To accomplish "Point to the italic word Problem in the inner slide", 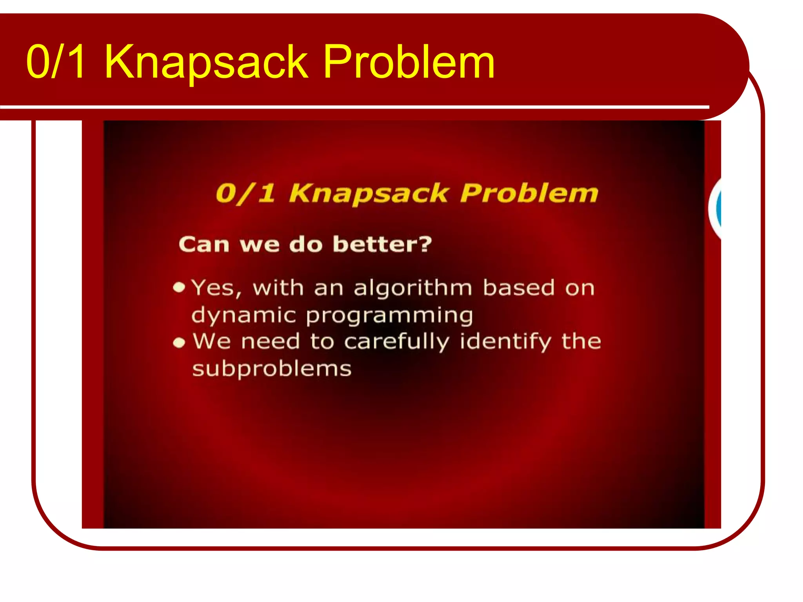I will (529, 193).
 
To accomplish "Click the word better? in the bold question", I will (382, 244).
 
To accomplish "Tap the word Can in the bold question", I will (203, 245).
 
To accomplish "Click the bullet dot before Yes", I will (179, 287).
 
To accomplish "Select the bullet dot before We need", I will (179, 343).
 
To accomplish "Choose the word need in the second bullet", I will (271, 341).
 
